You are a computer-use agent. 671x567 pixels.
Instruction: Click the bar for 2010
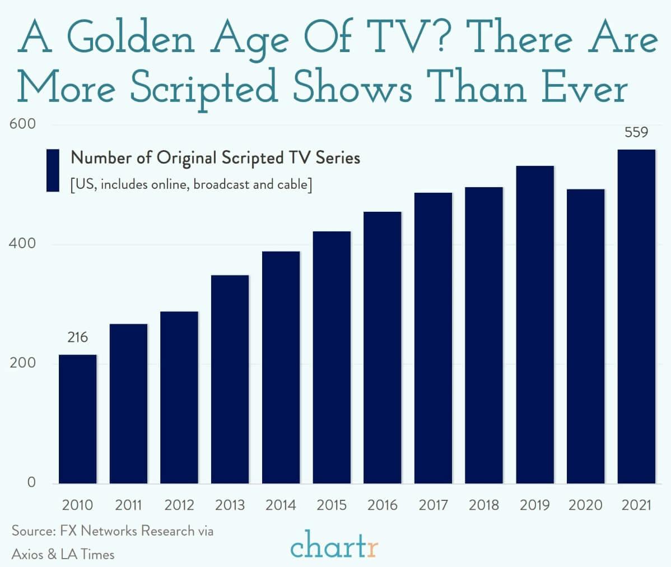[77, 419]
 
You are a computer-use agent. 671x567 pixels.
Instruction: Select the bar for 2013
[230, 379]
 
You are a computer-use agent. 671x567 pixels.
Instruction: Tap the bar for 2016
[383, 347]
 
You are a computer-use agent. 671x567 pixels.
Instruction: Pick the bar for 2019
[535, 324]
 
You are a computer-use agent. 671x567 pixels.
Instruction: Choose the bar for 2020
[585, 336]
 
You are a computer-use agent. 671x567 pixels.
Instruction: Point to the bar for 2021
[636, 317]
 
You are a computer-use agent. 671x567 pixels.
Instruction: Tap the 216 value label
[77, 337]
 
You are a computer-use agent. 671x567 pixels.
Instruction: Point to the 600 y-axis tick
[23, 124]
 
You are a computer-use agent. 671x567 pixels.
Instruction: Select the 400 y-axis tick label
[23, 244]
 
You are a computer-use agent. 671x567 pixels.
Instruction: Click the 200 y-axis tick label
[23, 363]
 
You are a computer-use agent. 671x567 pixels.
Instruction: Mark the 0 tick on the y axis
[31, 482]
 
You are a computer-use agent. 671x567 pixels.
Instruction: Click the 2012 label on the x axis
[179, 505]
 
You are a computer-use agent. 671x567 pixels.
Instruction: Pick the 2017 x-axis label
[433, 505]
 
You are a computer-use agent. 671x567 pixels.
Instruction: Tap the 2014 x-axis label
[281, 505]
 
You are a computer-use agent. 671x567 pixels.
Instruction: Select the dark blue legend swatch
[53, 170]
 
